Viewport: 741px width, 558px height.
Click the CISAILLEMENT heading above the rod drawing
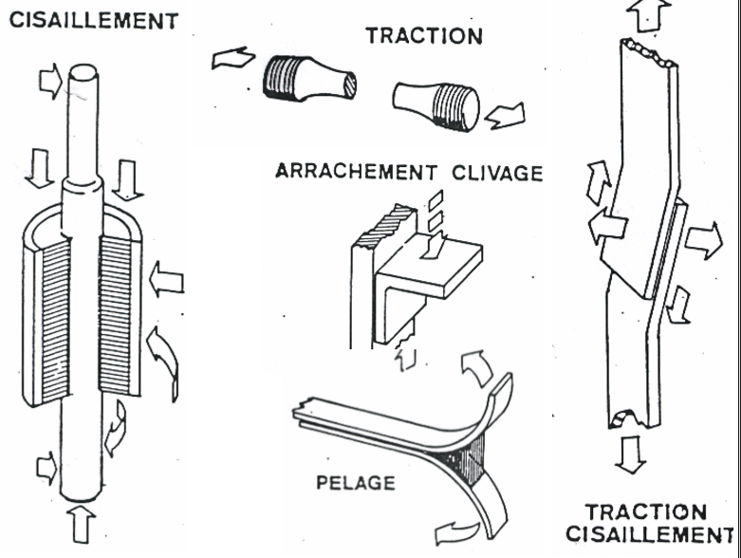pyautogui.click(x=94, y=20)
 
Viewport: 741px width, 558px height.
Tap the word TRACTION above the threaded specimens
pyautogui.click(x=424, y=36)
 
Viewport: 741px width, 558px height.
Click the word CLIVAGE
pyautogui.click(x=497, y=173)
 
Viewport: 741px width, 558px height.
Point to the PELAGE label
pyautogui.click(x=356, y=483)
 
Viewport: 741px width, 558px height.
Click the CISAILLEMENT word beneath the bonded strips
pyautogui.click(x=650, y=534)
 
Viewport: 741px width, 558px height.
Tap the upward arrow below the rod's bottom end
pyautogui.click(x=81, y=524)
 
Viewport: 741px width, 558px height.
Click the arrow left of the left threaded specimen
pyautogui.click(x=233, y=58)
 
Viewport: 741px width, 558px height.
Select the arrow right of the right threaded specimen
pyautogui.click(x=505, y=116)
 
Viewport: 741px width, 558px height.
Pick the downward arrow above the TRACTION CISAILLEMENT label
pyautogui.click(x=631, y=455)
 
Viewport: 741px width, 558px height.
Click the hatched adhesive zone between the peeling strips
pyautogui.click(x=466, y=459)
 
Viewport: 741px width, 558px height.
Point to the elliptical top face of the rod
pyautogui.click(x=83, y=72)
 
